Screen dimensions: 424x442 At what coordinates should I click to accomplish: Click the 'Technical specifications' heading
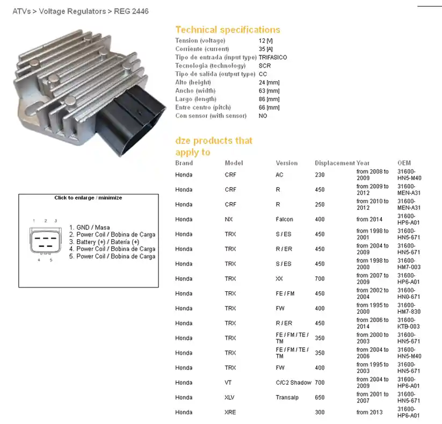(x=228, y=30)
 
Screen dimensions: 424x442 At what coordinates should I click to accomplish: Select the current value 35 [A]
(x=266, y=49)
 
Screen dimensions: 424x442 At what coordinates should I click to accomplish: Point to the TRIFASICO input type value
(x=273, y=58)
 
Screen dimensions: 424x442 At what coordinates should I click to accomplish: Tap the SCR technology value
(x=265, y=66)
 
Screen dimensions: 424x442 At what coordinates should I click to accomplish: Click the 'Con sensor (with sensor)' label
(x=211, y=116)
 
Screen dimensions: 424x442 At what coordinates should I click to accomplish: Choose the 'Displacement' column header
(x=335, y=163)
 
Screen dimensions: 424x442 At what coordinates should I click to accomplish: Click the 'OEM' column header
(x=404, y=163)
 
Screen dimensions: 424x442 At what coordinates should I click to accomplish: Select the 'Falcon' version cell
(x=285, y=219)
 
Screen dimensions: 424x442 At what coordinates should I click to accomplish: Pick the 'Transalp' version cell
(x=287, y=398)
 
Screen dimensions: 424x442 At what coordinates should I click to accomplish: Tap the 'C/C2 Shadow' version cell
(x=293, y=383)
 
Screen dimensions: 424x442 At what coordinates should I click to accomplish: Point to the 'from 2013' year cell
(x=369, y=412)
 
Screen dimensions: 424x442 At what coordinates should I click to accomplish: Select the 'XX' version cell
(x=279, y=278)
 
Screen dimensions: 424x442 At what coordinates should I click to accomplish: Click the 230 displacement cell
(x=320, y=175)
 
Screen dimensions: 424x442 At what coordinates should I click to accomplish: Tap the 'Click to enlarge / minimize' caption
(x=88, y=198)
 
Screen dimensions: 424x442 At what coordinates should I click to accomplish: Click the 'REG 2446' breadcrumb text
(x=131, y=11)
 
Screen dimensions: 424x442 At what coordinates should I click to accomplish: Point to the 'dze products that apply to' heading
(x=214, y=146)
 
